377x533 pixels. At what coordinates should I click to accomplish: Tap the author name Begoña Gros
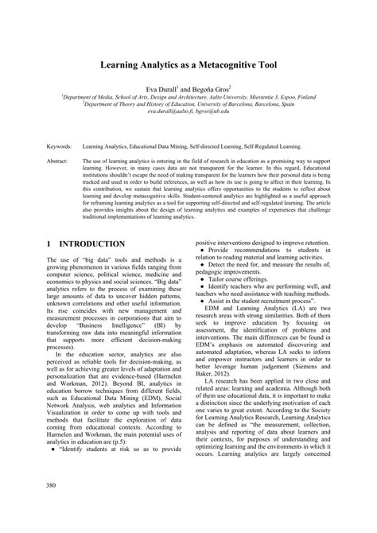tap(211, 89)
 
